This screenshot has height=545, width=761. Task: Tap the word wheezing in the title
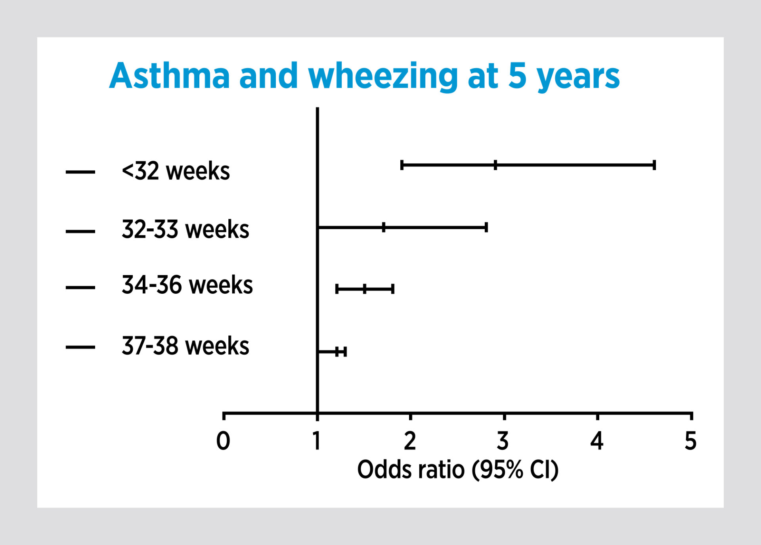383,77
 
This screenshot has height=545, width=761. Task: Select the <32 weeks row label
176,171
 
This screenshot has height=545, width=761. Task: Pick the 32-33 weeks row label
185,229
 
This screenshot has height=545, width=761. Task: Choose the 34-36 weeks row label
187,285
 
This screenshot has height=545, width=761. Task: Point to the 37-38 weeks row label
185,346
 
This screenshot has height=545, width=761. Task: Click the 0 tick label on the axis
223,441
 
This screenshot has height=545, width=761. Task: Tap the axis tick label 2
410,441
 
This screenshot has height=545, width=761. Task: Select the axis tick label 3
503,441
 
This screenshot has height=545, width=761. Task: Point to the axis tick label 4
597,441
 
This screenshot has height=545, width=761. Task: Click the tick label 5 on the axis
690,441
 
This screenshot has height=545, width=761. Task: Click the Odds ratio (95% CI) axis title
458,470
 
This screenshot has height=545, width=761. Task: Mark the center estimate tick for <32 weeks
495,165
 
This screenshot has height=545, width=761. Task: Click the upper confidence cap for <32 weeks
654,165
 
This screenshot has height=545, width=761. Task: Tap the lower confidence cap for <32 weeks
402,165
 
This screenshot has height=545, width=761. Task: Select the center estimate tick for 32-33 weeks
384,228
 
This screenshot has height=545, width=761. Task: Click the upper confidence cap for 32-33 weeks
486,228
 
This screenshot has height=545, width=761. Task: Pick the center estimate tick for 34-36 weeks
365,289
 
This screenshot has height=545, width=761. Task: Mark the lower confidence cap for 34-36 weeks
337,289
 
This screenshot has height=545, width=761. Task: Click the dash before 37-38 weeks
80,347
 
